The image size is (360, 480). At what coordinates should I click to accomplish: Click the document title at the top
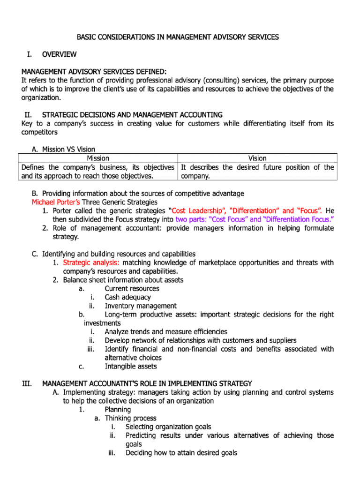point(178,37)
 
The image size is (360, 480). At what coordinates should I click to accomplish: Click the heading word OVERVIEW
point(59,55)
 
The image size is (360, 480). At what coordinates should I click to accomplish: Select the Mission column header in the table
point(98,158)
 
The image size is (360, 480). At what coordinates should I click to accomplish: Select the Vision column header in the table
point(257,158)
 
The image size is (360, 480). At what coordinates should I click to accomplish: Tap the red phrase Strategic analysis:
point(91,262)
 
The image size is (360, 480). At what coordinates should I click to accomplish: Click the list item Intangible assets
point(131,366)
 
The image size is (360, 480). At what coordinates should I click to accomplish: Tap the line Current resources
point(132,289)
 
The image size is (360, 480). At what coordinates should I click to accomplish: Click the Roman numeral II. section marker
point(30,115)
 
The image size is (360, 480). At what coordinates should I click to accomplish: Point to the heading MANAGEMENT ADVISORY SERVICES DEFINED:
point(94,72)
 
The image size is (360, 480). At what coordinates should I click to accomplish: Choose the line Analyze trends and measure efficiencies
point(166,331)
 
